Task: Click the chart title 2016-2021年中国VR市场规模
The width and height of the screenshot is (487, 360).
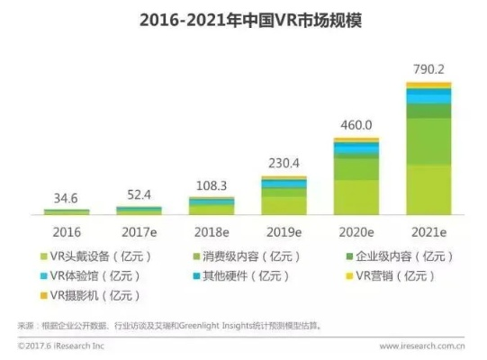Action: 242,19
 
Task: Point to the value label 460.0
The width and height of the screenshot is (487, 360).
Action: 356,126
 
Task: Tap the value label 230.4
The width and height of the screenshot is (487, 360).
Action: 284,165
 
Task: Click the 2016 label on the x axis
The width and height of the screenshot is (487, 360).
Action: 66,229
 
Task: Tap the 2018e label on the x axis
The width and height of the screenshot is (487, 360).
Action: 212,229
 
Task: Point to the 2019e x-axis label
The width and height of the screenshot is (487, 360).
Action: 284,229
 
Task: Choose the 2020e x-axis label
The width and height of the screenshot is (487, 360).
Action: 356,229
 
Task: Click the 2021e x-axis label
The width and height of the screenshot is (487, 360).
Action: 428,229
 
